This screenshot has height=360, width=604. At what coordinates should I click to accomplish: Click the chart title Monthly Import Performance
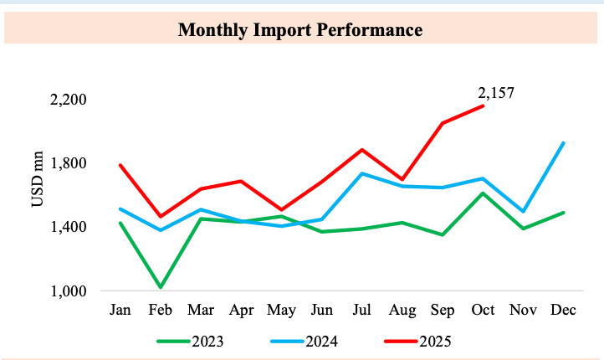[x=300, y=31]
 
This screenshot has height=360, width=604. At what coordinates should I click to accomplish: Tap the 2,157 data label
[x=496, y=92]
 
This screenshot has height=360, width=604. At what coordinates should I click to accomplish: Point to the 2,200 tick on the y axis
[x=69, y=100]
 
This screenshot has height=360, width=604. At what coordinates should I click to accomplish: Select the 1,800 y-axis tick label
[x=69, y=163]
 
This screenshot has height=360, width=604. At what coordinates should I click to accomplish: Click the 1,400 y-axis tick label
[x=69, y=227]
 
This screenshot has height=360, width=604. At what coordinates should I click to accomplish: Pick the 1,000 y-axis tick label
[x=69, y=291]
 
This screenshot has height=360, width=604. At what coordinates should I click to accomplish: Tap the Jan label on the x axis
[x=120, y=311]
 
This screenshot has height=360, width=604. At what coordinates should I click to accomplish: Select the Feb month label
[x=160, y=311]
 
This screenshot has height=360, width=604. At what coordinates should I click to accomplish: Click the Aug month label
[x=402, y=311]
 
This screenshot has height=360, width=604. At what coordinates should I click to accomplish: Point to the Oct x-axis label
[x=482, y=311]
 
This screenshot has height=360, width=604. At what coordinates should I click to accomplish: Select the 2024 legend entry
[x=322, y=342]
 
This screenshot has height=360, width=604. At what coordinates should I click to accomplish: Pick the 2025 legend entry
[x=435, y=342]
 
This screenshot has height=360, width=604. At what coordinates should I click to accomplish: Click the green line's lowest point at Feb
[x=160, y=287]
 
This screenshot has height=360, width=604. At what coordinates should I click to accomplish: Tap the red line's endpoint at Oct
[x=483, y=105]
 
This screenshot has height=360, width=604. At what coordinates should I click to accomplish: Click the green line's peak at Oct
[x=483, y=193]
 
